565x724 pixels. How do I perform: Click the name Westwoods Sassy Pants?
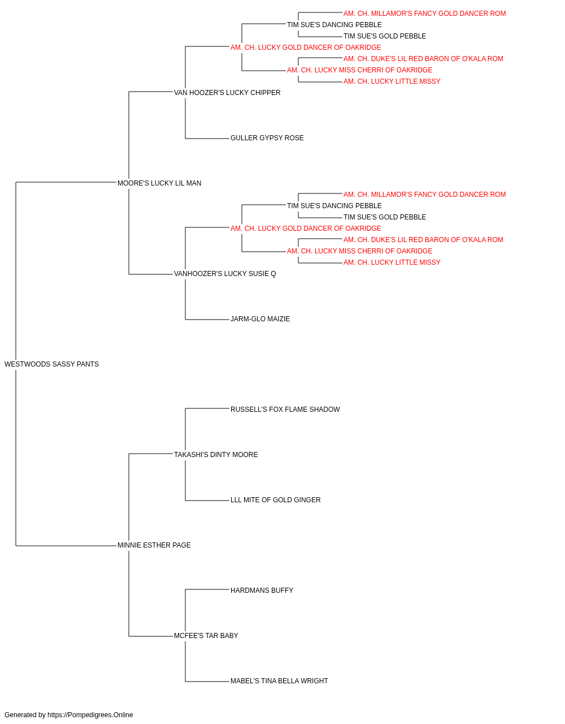(51, 364)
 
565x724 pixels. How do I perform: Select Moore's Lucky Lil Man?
(159, 183)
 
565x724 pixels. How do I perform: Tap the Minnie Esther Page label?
(154, 545)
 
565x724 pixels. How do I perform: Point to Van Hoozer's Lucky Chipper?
(227, 93)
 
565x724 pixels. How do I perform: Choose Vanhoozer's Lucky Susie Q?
(225, 274)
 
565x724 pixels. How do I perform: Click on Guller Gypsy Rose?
(267, 138)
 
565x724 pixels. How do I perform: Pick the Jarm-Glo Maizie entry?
(260, 319)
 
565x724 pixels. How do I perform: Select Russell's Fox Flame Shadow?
(285, 410)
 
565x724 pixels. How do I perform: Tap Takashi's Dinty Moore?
(216, 455)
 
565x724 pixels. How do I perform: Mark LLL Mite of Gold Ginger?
(276, 500)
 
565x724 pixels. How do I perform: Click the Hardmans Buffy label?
(262, 591)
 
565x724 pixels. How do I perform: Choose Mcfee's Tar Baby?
(206, 636)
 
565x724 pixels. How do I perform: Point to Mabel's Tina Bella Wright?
(279, 681)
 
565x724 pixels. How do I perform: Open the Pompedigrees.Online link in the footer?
(90, 715)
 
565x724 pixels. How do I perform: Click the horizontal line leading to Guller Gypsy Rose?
(207, 138)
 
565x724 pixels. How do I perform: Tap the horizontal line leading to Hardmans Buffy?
(207, 589)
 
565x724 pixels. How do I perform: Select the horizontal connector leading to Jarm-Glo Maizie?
(207, 320)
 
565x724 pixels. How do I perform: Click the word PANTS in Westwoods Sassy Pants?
(88, 364)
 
